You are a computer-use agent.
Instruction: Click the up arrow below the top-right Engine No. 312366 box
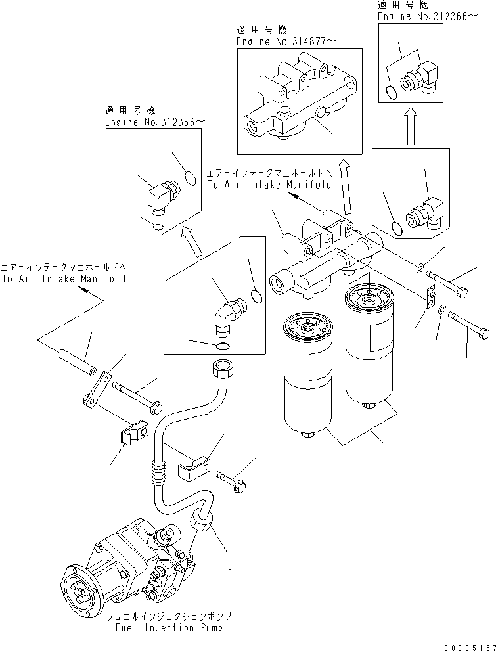pos(410,127)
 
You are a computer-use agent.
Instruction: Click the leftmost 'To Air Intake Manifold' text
pos(62,278)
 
